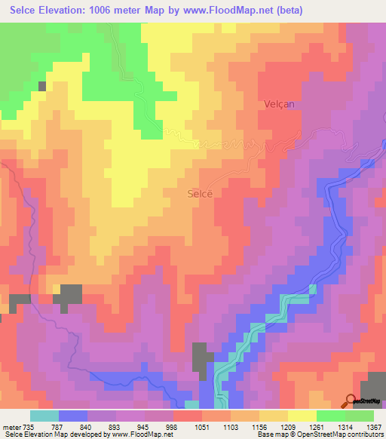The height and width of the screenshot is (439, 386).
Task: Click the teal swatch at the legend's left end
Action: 44,416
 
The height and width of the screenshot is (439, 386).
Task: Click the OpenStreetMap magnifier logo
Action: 351,401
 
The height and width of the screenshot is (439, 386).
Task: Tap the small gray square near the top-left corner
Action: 42,86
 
